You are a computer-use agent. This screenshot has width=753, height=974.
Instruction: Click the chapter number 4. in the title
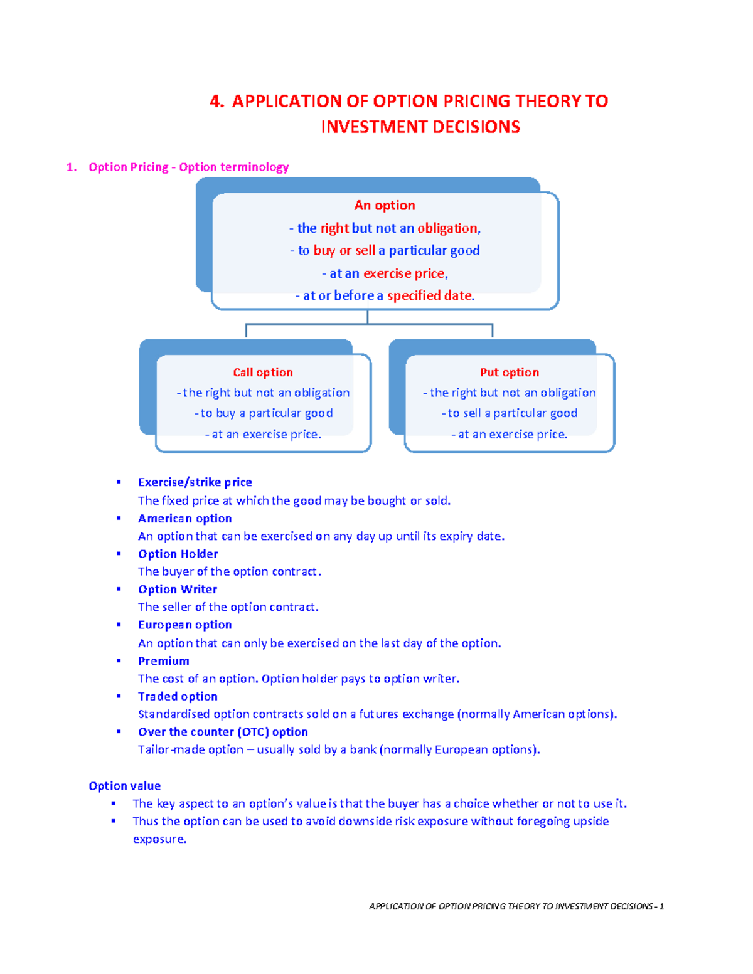click(216, 102)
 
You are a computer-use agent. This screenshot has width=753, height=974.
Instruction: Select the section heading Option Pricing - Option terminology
click(188, 167)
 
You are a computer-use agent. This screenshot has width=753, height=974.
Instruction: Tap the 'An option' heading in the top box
click(385, 206)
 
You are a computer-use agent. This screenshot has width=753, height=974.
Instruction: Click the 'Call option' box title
click(263, 373)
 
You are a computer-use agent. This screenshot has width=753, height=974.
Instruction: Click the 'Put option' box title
click(510, 373)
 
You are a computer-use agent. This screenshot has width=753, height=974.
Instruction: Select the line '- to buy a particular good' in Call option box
click(264, 413)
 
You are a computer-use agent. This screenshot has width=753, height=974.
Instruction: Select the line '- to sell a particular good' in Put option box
click(510, 413)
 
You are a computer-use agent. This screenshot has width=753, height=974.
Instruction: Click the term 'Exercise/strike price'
click(195, 482)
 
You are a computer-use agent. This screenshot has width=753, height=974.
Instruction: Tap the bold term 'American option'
click(184, 519)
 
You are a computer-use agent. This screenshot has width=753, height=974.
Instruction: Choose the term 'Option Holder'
click(178, 554)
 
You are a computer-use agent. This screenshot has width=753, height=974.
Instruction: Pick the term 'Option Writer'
click(178, 590)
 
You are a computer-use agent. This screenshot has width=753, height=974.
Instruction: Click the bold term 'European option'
click(184, 625)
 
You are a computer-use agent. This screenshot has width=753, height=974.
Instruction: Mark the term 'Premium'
click(163, 661)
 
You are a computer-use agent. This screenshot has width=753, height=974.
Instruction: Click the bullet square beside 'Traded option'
click(119, 696)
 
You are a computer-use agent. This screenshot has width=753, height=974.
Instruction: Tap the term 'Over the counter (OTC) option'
click(223, 732)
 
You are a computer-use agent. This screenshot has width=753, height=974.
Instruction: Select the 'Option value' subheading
click(124, 786)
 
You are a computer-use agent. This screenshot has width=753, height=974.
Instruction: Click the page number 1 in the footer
click(661, 906)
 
